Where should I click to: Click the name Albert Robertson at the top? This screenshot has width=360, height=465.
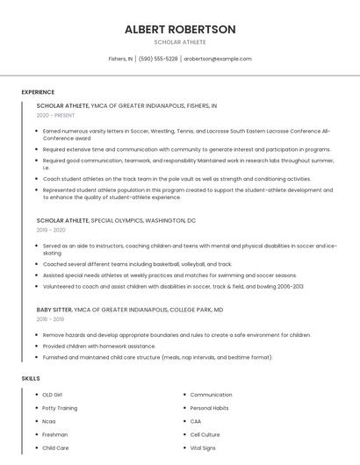coord(180,29)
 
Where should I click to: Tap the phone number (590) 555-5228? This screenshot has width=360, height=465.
coord(158,59)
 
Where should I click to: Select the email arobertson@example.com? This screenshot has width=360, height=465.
coord(218,59)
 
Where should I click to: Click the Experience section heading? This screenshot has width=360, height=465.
coord(38,92)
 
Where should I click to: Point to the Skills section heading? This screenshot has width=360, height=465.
coord(30,378)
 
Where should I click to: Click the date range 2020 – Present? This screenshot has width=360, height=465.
coord(56,115)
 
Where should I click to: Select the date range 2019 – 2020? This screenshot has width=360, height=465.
coord(51,230)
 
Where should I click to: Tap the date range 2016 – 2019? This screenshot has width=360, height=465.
coord(50,319)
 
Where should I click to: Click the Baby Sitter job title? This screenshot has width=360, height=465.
coord(55,310)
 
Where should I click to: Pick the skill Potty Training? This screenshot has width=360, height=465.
coord(60,408)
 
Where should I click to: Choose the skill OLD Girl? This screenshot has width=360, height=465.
coord(53,395)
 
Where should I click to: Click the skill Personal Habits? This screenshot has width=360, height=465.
coord(210,408)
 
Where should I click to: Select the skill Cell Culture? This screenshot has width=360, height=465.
coord(205,434)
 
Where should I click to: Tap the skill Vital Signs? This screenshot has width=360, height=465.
coord(204,447)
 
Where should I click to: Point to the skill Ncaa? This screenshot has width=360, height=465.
coord(49,421)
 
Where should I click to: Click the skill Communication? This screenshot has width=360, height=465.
coord(211,395)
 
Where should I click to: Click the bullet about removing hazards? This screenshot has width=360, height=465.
coord(176,334)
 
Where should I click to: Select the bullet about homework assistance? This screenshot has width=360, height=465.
coord(97,346)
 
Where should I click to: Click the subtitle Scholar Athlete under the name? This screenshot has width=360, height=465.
coord(180,42)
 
